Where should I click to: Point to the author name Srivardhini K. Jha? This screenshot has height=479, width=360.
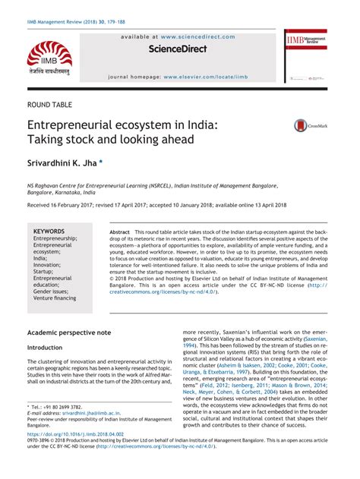63,163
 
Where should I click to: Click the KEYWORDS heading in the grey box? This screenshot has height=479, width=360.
49,231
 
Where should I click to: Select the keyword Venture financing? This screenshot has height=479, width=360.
55,298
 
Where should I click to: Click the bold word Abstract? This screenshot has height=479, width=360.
120,231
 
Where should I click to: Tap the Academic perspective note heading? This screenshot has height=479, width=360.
69,332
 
